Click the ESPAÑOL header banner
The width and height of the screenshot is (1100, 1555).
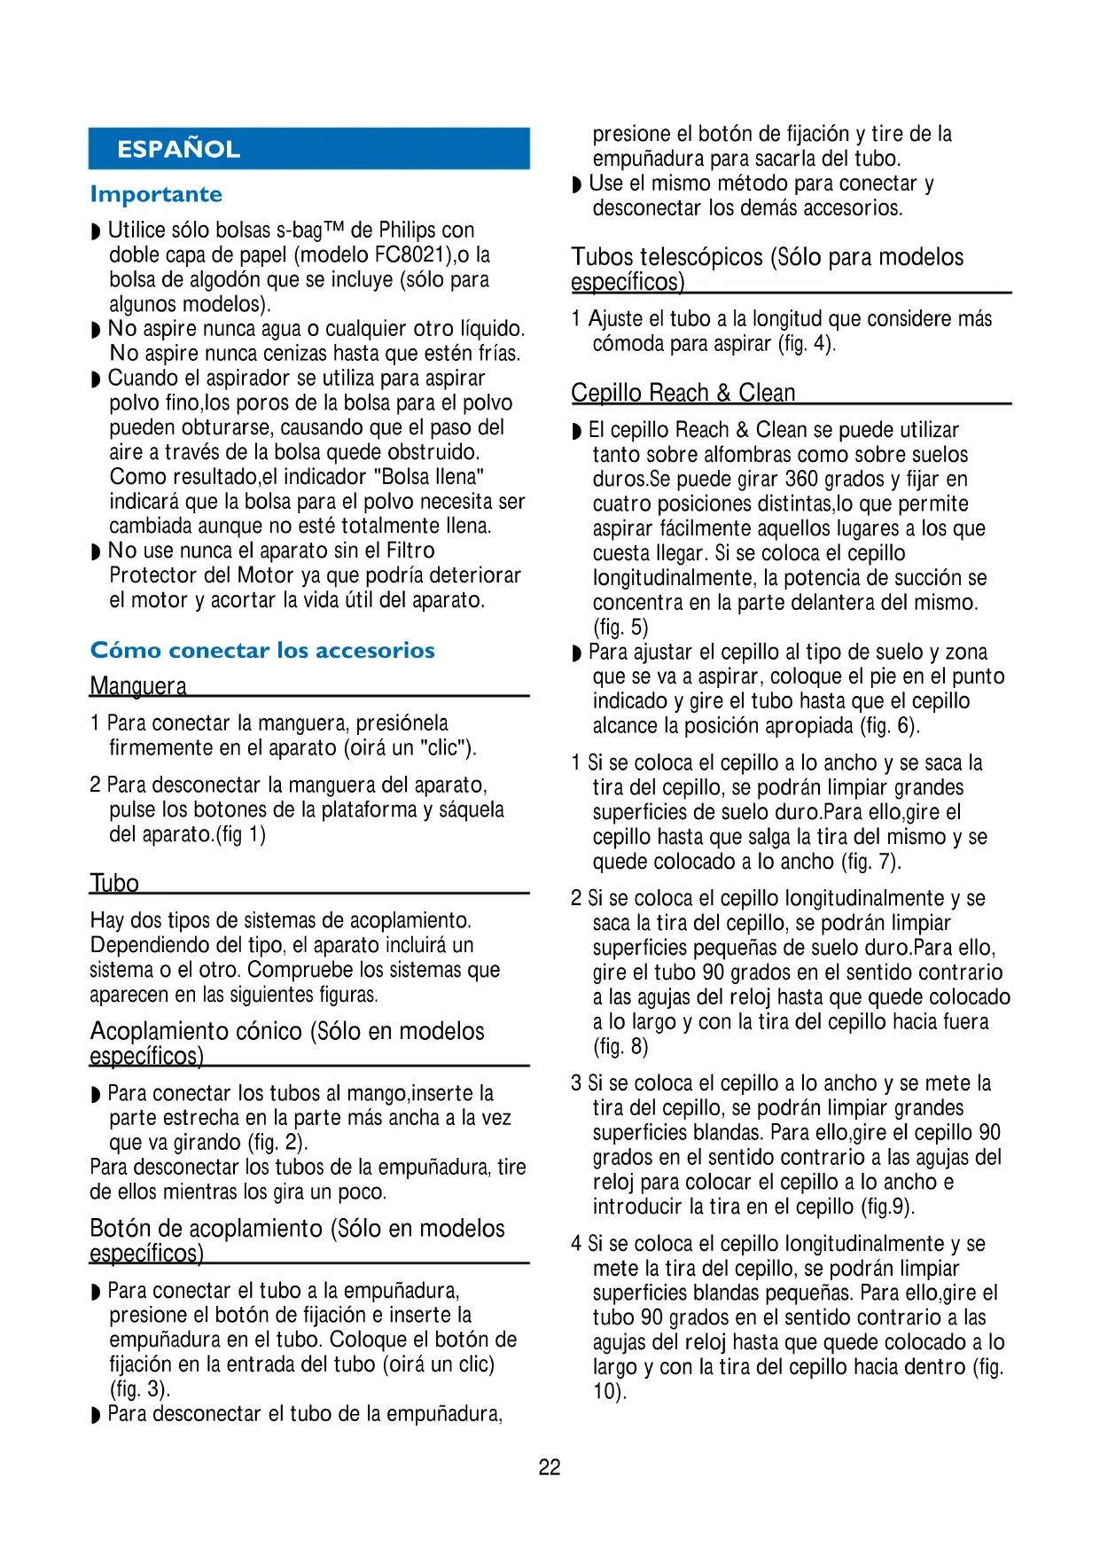pos(308,149)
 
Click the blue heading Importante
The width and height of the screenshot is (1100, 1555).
pos(156,194)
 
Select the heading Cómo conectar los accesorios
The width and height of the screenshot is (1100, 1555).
pos(262,651)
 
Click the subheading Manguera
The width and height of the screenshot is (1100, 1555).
pos(138,686)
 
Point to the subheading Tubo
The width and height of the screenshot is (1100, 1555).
pos(114,883)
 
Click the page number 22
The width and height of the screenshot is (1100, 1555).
pos(550,1467)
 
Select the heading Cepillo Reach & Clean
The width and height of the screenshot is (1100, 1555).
pos(683,393)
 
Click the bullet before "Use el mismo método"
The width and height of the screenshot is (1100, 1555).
pos(577,184)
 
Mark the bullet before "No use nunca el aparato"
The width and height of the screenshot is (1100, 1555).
pos(96,551)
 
